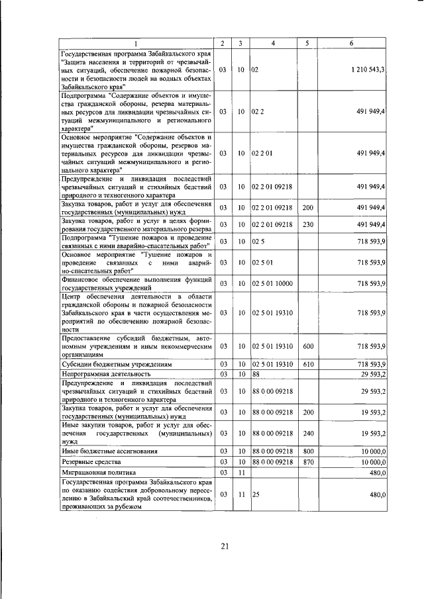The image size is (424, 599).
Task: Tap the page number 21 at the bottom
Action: click(x=225, y=545)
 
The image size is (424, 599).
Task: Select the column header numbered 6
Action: click(x=351, y=44)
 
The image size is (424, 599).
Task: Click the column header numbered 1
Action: click(x=137, y=44)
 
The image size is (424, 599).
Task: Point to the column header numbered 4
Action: click(x=272, y=44)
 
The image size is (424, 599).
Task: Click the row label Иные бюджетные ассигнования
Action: click(x=100, y=451)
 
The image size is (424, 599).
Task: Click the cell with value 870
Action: click(x=307, y=461)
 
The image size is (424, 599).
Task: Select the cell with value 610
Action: click(x=307, y=364)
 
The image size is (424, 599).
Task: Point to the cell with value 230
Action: click(x=307, y=224)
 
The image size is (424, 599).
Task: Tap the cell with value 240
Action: click(x=307, y=433)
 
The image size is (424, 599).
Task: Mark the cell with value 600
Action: click(x=307, y=346)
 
